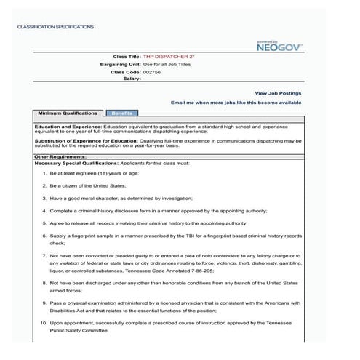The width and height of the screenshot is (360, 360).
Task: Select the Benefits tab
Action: point(121,114)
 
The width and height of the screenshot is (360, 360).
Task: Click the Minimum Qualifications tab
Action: point(68,114)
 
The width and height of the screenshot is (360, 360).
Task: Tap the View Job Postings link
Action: point(278,93)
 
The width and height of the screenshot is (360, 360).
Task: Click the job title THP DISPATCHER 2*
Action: point(168,57)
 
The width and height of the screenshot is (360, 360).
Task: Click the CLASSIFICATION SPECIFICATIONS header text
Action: point(56,26)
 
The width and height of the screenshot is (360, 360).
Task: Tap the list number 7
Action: point(44,257)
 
